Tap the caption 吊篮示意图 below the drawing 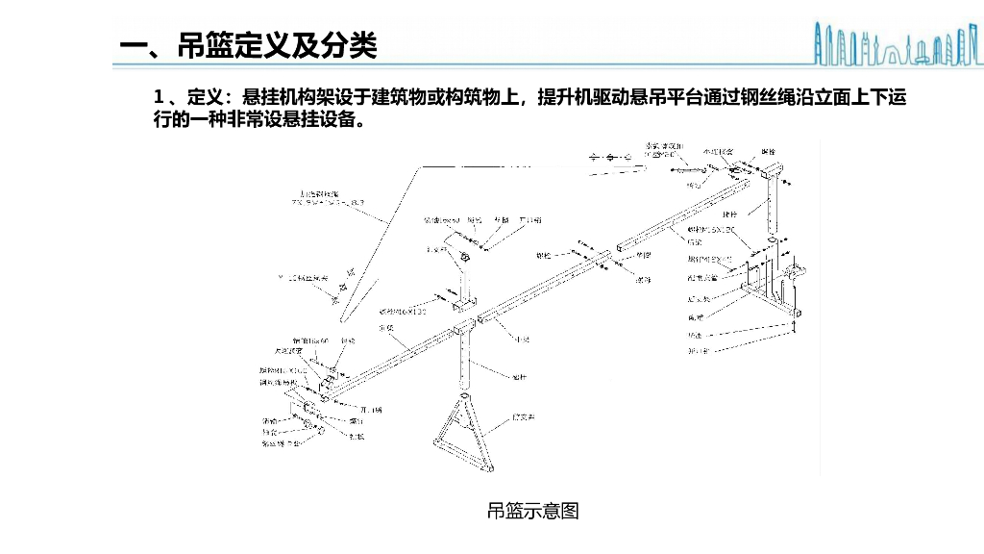533,511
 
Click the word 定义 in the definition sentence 204,98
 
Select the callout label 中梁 522,340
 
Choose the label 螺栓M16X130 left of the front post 402,312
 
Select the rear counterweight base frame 778,289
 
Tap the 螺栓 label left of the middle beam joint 543,257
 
